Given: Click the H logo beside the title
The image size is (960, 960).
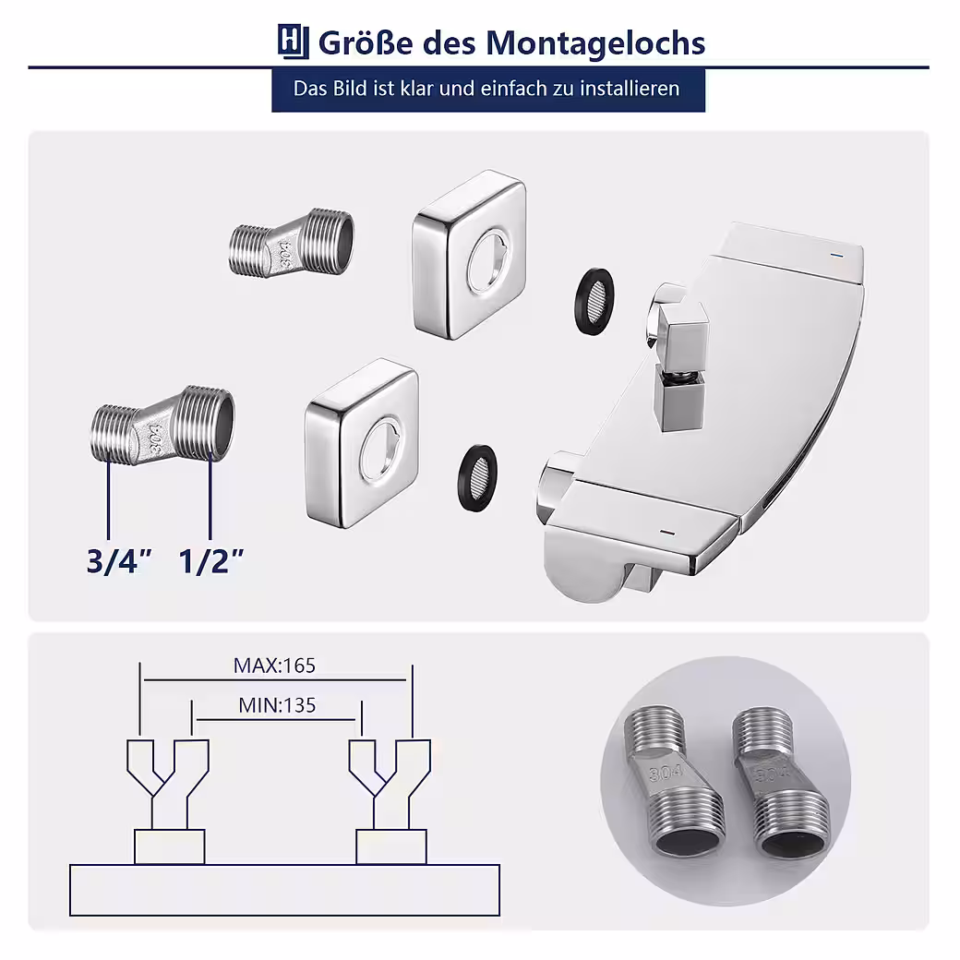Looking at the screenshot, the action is [293, 42].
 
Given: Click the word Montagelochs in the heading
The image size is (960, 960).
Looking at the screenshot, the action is [595, 43].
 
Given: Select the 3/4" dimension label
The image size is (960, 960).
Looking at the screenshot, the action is [119, 561].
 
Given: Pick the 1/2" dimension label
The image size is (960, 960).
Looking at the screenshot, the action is [211, 561].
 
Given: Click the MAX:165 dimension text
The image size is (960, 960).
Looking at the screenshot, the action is [274, 666].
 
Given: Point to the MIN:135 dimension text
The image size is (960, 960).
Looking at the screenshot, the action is [277, 705].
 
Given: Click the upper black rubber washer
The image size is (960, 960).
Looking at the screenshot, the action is [594, 301].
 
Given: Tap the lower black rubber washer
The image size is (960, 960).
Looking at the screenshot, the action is [477, 477].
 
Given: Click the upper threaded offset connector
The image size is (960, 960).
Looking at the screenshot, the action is [291, 243].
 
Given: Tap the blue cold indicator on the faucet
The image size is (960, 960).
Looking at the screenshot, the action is [836, 255].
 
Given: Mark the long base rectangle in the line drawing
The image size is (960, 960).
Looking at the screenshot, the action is [284, 890].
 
